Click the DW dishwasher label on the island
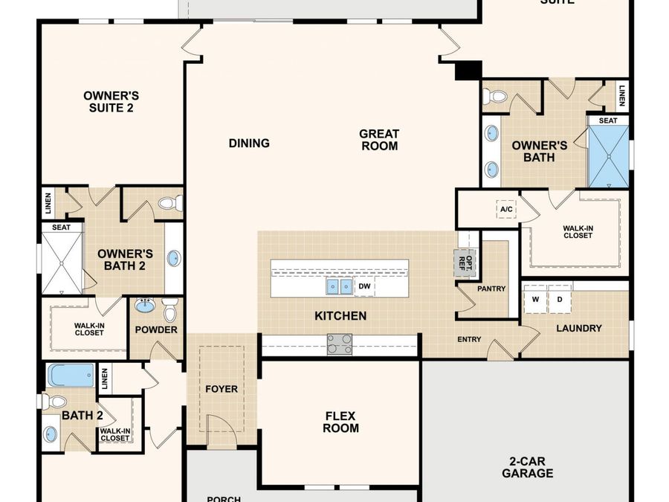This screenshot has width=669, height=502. coord(364,286)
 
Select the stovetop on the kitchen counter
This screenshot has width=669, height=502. coord(340,343)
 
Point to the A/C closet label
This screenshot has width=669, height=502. coord(506,210)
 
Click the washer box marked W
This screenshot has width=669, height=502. coord(534,300)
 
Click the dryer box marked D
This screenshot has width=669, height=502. coord(559,300)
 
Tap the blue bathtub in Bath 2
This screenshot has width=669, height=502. coord(71,375)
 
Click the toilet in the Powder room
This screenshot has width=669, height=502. coord(170,308)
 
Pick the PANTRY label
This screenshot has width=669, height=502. coord(491,289)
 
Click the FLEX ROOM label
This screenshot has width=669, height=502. coord(342,422)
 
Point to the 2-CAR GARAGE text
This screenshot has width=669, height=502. coord(527,467)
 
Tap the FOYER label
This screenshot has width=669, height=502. coord(222,389)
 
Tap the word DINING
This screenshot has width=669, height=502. coord(249,143)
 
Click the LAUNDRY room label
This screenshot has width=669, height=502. coord(579,328)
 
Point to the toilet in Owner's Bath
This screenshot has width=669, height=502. coord(496,97)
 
